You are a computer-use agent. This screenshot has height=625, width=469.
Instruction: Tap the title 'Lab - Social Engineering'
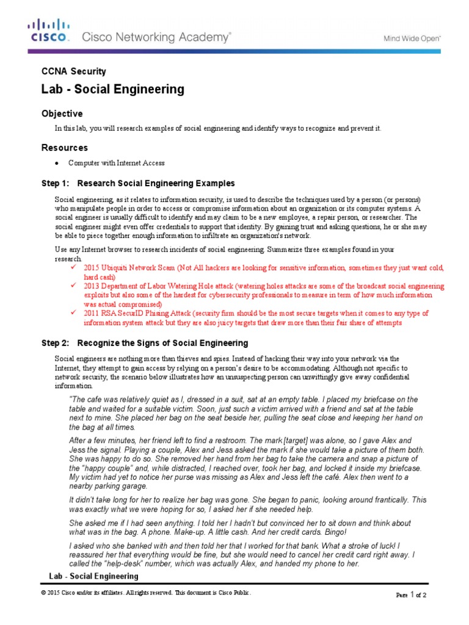tap(112, 89)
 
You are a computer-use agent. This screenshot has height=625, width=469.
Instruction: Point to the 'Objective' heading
tap(61, 114)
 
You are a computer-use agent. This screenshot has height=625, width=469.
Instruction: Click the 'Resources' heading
tap(64, 148)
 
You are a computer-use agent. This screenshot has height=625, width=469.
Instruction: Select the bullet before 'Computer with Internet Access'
tap(56, 164)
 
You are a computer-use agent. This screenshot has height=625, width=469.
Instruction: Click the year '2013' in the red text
tap(92, 286)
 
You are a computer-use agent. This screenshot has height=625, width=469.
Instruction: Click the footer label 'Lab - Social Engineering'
tap(93, 576)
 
